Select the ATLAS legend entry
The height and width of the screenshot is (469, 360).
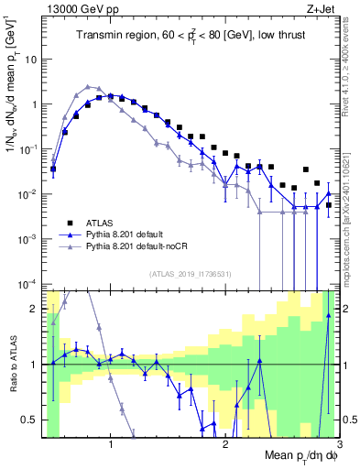pyautogui.click(x=101, y=223)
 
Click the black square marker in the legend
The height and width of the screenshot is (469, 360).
pyautogui.click(x=67, y=223)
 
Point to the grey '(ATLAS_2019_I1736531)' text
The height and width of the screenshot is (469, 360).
pyautogui.click(x=191, y=273)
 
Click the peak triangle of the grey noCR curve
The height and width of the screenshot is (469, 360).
pyautogui.click(x=88, y=86)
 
